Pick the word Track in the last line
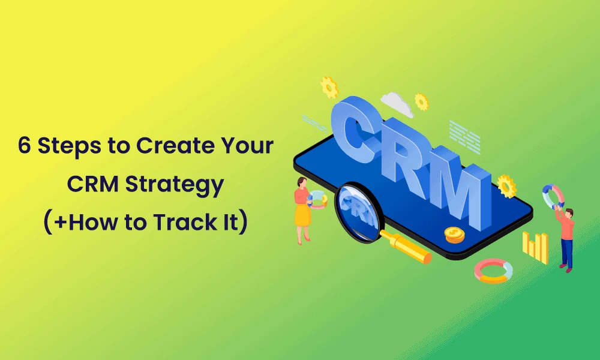(179, 222)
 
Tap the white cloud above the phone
(397, 104)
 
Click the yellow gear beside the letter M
(507, 185)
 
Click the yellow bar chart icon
(536, 246)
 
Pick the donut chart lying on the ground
(493, 271)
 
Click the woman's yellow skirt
(302, 215)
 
